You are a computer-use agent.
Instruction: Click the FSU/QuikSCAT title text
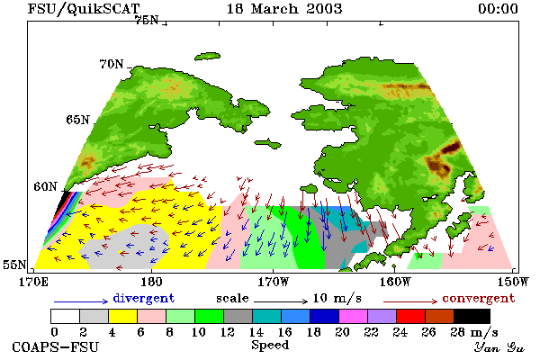tap(84, 9)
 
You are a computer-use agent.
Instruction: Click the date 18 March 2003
tap(284, 9)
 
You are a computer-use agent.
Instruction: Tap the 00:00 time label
tap(498, 9)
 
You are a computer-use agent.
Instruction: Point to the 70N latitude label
tap(112, 64)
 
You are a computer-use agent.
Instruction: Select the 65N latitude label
tap(77, 120)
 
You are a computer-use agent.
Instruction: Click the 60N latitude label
tap(45, 186)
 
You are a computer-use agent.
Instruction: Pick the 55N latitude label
tap(14, 265)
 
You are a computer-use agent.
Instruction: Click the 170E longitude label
tap(33, 282)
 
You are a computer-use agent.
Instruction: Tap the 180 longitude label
tap(151, 282)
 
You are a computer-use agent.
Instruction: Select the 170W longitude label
tap(274, 282)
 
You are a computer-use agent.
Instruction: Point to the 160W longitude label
tap(395, 282)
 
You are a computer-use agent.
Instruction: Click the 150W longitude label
tap(513, 282)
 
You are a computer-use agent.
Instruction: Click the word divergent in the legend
tap(144, 298)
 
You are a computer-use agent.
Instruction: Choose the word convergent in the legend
tap(479, 298)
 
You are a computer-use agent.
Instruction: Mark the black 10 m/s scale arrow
tap(281, 301)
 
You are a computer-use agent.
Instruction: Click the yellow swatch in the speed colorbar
tap(122, 316)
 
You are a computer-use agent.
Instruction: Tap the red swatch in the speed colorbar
tap(410, 316)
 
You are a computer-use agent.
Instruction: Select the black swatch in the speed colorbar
tap(472, 316)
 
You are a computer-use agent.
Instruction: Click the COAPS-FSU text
tap(56, 346)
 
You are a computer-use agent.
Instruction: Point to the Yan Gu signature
tap(499, 347)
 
